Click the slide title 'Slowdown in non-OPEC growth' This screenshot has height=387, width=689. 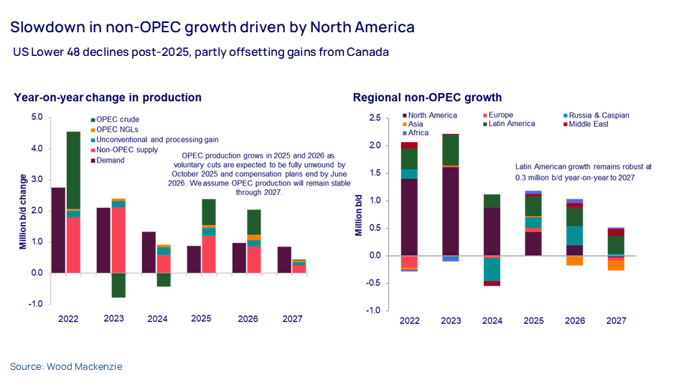[x=212, y=27]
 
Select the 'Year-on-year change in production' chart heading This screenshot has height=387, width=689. [x=108, y=97]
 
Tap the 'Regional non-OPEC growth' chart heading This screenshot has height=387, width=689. [x=427, y=97]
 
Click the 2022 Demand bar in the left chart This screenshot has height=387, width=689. [x=59, y=229]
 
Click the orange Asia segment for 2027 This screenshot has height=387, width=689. [x=615, y=264]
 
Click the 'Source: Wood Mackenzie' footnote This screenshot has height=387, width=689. [x=66, y=367]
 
